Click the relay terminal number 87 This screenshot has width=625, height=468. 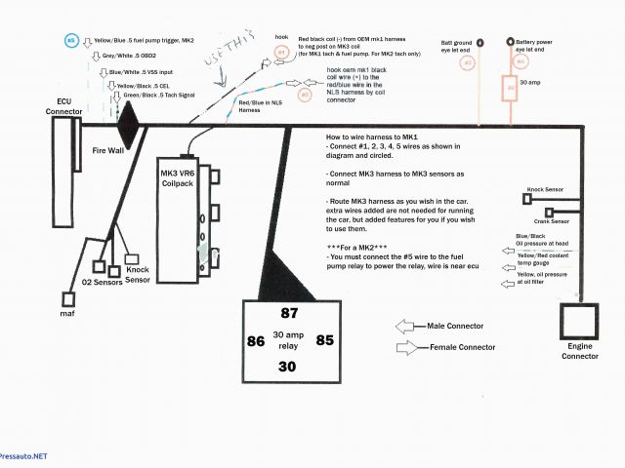289,314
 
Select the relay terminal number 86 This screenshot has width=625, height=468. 256,341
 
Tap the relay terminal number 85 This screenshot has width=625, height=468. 324,341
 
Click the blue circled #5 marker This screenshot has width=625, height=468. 70,41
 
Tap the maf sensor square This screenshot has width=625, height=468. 67,296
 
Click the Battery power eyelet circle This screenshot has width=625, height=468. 509,44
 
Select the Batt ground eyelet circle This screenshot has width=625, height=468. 466,44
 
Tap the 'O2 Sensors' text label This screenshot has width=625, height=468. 101,281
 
